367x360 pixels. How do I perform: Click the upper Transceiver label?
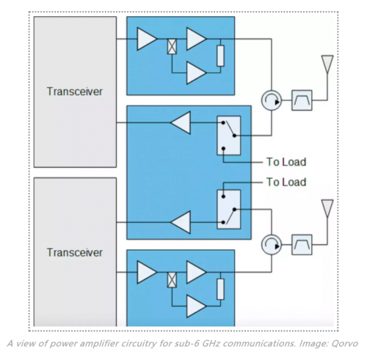tap(75, 92)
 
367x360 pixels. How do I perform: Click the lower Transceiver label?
tap(75, 252)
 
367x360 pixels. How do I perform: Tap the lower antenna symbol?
tap(327, 208)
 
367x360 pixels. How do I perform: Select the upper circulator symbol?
tap(272, 100)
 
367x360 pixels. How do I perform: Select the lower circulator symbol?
tap(272, 245)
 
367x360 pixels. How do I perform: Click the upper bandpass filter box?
tap(302, 100)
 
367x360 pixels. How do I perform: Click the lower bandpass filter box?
tap(302, 245)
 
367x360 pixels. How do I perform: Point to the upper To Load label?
tap(286, 162)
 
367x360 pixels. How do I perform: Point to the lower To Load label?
tap(286, 182)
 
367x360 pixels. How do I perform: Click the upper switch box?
tap(229, 136)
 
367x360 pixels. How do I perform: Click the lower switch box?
tap(229, 210)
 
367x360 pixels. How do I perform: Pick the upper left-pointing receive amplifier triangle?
tap(181, 122)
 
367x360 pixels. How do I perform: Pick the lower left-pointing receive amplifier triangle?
tap(181, 222)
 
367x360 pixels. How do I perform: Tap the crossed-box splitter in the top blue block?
tap(172, 47)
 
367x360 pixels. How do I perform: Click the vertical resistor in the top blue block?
tap(220, 56)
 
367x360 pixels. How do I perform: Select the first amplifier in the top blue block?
tap(147, 39)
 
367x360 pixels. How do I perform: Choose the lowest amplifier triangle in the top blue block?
tap(196, 73)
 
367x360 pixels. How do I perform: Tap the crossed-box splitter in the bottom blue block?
tap(172, 280)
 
